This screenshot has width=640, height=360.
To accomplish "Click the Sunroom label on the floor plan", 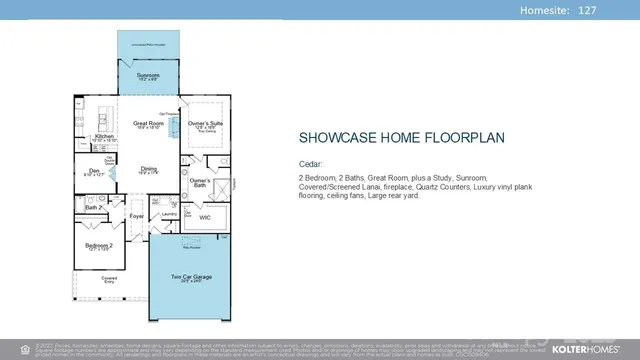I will [x=148, y=74].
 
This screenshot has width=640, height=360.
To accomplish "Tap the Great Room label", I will [x=148, y=124].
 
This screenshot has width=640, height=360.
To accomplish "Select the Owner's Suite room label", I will [x=205, y=124].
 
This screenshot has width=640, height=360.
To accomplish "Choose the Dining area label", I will [x=148, y=169].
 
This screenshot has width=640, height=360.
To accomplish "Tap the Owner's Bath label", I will [x=200, y=182].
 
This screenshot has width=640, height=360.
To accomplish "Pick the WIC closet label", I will [x=204, y=216].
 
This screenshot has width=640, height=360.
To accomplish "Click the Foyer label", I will [x=136, y=215].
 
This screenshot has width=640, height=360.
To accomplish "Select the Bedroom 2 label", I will [x=97, y=245].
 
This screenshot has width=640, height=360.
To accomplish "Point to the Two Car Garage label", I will [x=190, y=276].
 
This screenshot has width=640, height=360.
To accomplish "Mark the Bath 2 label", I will [x=89, y=208].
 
